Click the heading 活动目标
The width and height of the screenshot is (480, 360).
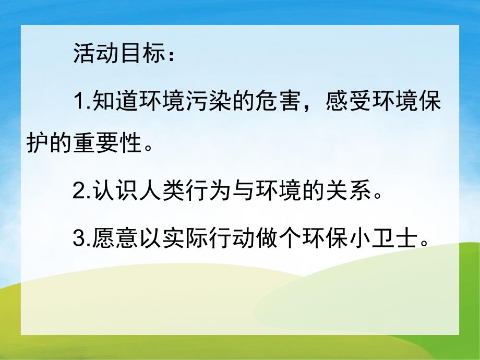(117, 54)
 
